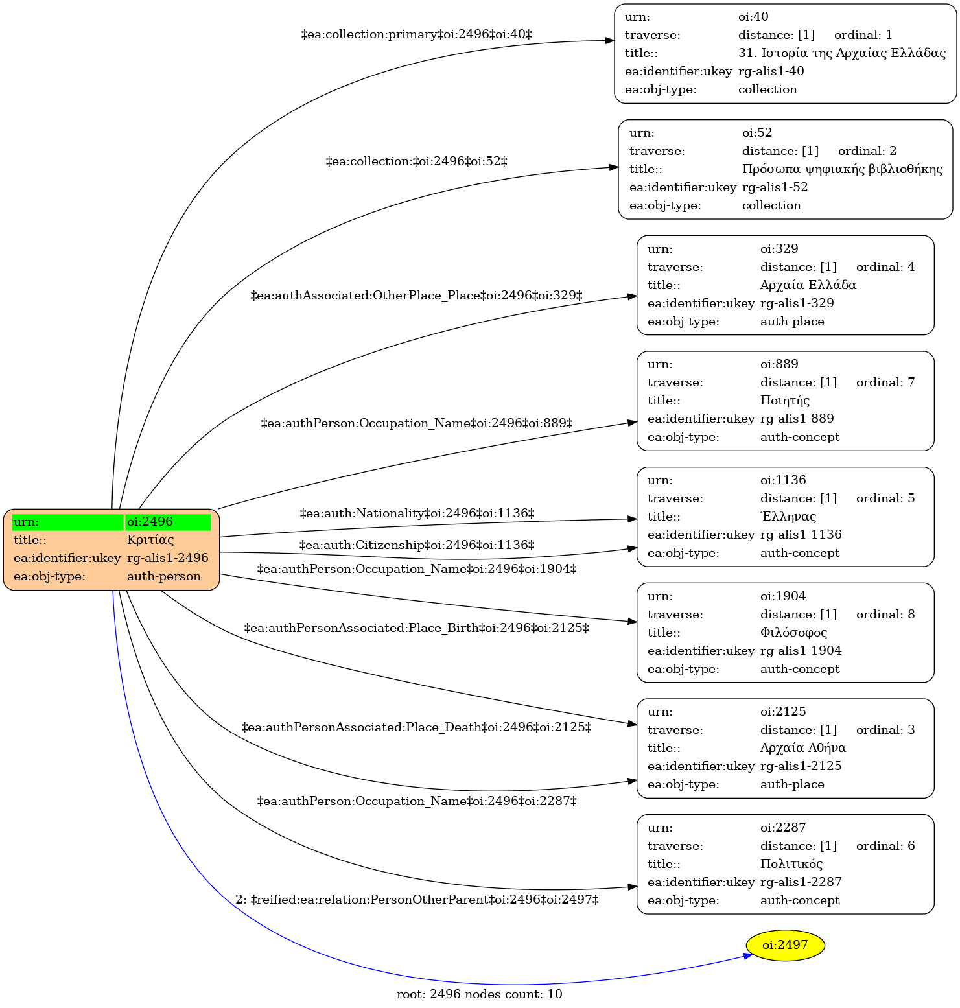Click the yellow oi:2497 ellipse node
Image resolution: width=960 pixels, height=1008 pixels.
click(785, 945)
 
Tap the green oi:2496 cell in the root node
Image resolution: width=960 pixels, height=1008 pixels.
click(168, 522)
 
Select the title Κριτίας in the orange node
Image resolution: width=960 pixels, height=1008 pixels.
click(150, 540)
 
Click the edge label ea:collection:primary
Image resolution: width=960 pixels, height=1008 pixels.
click(416, 34)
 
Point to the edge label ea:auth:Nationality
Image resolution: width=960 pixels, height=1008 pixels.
click(417, 513)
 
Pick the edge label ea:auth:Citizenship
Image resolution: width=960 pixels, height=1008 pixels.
click(417, 545)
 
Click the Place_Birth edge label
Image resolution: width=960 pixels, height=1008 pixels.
click(416, 628)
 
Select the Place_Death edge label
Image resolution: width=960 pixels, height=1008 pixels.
click(416, 727)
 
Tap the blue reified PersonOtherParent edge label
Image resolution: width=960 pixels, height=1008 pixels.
click(417, 900)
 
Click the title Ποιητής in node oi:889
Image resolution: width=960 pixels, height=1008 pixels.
click(785, 401)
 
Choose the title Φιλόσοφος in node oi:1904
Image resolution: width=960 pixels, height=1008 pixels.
click(793, 633)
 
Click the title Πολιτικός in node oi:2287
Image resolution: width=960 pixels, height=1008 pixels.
click(791, 864)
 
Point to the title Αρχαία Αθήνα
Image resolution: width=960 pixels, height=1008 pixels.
click(803, 748)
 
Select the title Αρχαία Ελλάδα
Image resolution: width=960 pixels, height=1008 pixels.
click(808, 285)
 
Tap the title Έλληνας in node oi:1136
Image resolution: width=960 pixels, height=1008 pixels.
click(788, 517)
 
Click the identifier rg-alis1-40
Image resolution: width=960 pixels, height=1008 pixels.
click(771, 71)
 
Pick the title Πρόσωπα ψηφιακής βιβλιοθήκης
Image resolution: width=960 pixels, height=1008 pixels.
click(842, 169)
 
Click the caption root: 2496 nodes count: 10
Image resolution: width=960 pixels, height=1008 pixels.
click(480, 994)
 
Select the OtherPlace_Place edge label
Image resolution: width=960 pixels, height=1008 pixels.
click(416, 296)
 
